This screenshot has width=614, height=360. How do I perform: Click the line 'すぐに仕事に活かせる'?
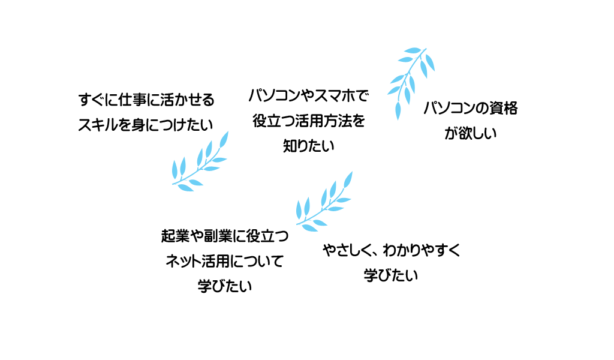(x=146, y=99)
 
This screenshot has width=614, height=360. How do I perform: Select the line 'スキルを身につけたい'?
(x=146, y=125)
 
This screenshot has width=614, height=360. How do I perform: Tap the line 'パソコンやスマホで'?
(x=308, y=95)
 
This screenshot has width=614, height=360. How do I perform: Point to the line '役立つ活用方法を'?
(x=308, y=121)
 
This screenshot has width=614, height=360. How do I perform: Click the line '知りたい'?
(x=308, y=146)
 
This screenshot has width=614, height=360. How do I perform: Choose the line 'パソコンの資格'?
(x=471, y=109)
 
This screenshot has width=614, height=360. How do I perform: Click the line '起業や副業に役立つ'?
(x=225, y=236)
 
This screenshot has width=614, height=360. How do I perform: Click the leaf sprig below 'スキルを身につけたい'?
(x=201, y=162)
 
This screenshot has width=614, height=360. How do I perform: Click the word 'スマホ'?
(x=333, y=95)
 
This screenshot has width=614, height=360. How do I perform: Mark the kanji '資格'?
(x=504, y=109)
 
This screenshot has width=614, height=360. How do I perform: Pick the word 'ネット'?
(x=182, y=262)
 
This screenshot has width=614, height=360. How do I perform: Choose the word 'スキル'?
(x=97, y=125)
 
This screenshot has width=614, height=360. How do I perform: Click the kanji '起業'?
(x=175, y=236)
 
